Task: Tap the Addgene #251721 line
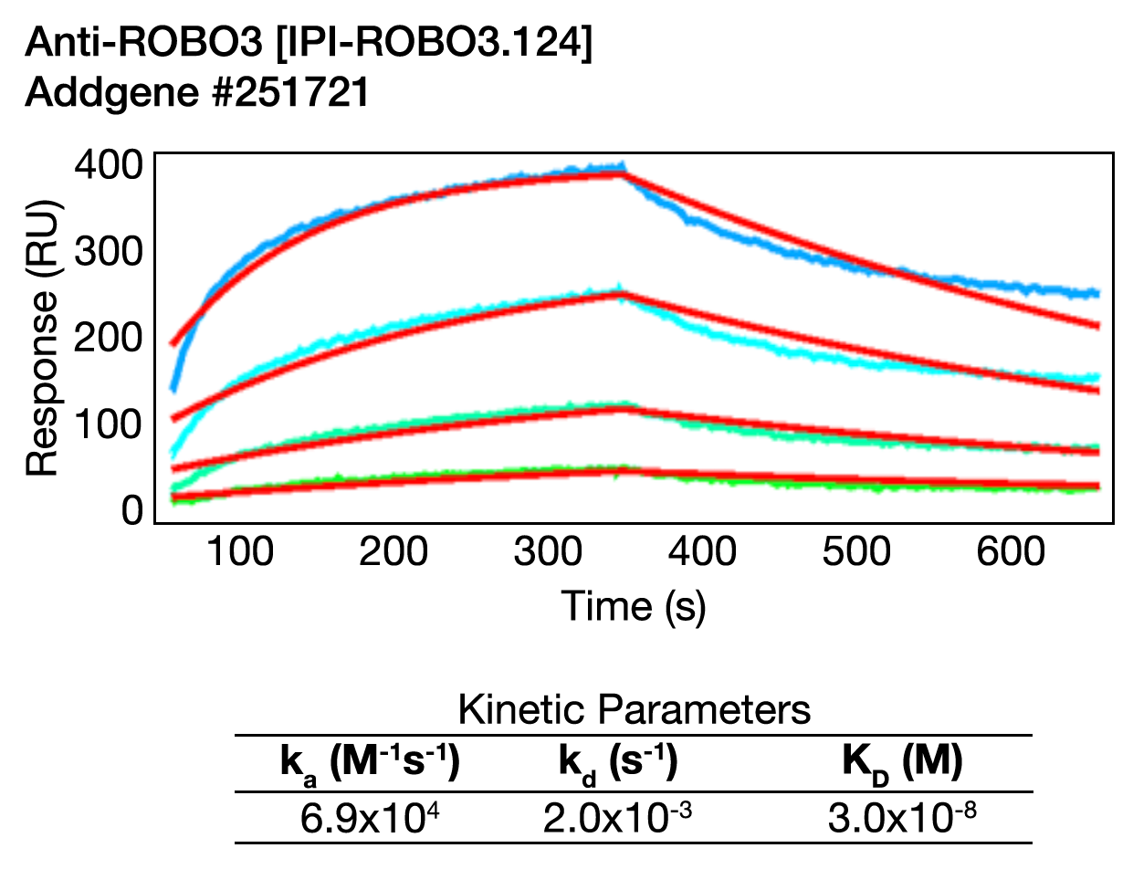[196, 92]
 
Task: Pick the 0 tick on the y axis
[133, 510]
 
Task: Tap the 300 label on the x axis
[548, 551]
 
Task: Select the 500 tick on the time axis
[855, 551]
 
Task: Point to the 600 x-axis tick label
[1009, 551]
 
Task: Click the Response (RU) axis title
[42, 338]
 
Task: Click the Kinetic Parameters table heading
[634, 709]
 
